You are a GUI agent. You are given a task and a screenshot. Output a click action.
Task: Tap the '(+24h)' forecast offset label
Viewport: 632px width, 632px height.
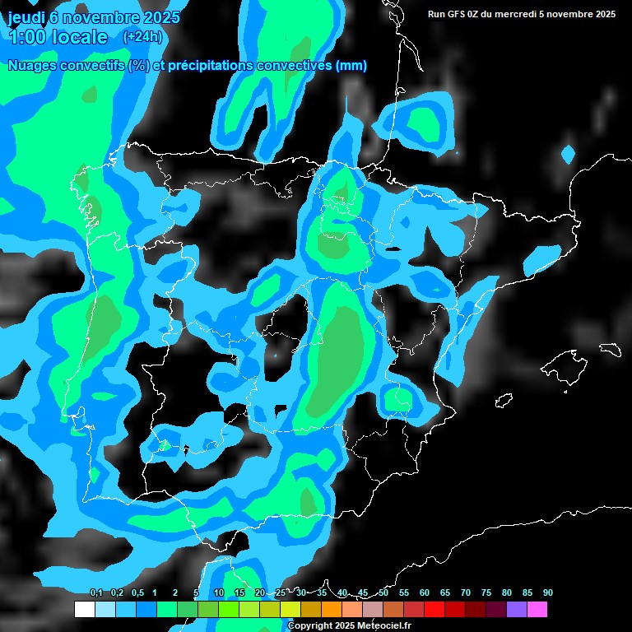[142, 37]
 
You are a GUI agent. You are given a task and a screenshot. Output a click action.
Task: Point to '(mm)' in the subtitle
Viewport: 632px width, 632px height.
[351, 66]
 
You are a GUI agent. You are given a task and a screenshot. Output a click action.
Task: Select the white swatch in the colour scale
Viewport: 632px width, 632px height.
[85, 610]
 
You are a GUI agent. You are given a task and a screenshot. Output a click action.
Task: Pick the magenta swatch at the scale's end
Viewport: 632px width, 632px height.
[537, 610]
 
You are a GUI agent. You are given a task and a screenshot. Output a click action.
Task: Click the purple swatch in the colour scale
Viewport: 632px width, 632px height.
[517, 610]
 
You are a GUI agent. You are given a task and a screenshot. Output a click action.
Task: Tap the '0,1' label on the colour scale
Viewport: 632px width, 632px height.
[96, 592]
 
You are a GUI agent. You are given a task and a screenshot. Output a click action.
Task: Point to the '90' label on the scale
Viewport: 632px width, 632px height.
[548, 592]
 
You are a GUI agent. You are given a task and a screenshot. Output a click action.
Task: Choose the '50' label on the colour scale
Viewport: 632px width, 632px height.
[383, 592]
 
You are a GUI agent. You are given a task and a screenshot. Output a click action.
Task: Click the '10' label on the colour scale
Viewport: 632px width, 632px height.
[219, 592]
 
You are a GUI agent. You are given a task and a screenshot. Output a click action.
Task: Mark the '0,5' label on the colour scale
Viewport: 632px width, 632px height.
[137, 592]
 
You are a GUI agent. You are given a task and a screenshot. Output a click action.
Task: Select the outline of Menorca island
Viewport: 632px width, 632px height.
[610, 349]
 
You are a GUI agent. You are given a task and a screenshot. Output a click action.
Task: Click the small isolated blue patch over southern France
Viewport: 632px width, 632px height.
[568, 154]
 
